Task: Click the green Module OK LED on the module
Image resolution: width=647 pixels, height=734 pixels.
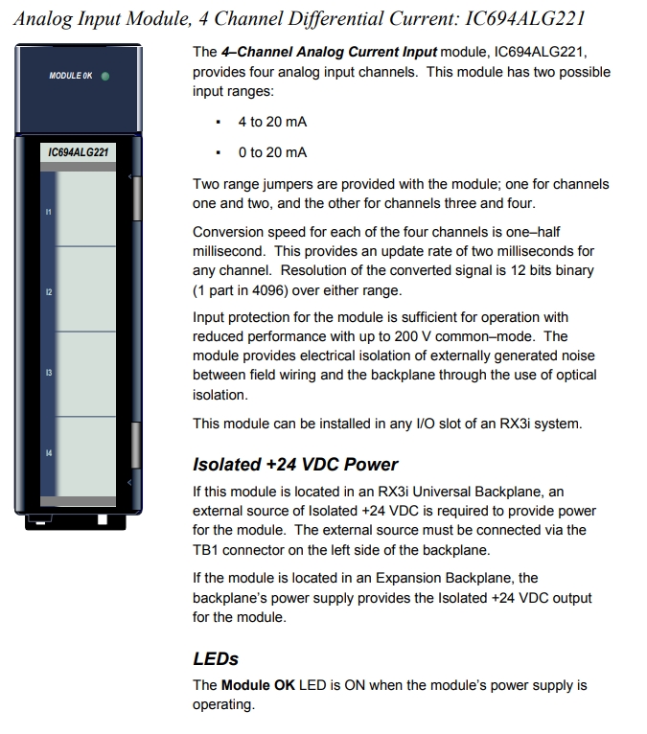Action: (x=104, y=76)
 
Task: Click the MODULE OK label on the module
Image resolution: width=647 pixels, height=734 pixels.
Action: (x=71, y=76)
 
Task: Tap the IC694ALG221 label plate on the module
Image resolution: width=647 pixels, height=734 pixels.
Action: (x=78, y=152)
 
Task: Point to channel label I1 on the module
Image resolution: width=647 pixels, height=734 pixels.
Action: (x=48, y=210)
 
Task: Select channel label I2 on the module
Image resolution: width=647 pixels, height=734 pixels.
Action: (x=48, y=291)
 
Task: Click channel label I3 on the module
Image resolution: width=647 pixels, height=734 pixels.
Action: (x=48, y=372)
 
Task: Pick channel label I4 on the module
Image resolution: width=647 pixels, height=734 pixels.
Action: (x=48, y=452)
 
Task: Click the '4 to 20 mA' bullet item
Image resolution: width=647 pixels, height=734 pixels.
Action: (x=272, y=122)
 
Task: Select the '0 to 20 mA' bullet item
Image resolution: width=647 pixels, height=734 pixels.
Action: (x=272, y=152)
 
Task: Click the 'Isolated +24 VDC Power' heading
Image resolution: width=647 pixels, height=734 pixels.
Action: (x=295, y=465)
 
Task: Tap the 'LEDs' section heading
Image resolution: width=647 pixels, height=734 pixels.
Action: (x=216, y=659)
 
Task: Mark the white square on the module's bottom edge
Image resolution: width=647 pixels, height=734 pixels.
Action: (x=103, y=519)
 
